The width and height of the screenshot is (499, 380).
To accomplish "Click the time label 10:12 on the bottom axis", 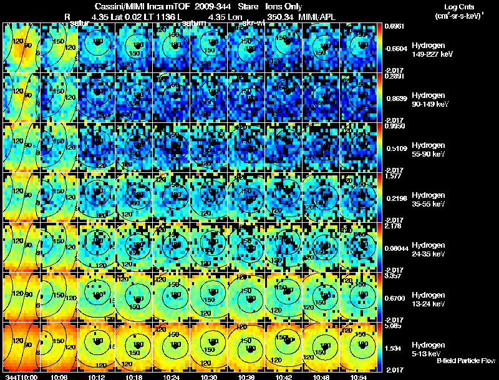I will coord(96,377).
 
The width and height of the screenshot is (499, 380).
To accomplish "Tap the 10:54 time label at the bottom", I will coord(359,377).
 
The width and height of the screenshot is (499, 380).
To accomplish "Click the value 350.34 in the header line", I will coord(285,16).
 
